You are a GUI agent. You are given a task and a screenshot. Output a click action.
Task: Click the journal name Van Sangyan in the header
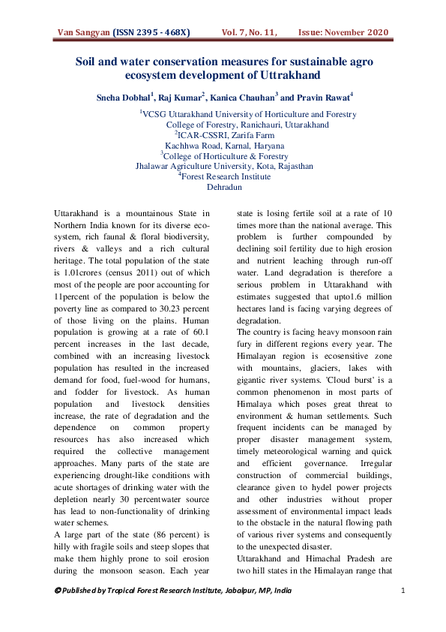pos(83,33)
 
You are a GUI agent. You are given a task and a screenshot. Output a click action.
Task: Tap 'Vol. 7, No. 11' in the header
pos(250,33)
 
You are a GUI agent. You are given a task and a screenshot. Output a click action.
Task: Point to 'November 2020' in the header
pos(359,33)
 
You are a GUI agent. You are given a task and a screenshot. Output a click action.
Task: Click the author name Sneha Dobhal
pos(124,97)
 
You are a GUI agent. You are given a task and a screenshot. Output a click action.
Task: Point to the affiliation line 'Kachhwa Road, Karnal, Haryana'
pos(224,146)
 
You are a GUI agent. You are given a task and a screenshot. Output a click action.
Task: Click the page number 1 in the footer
pos(403,591)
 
